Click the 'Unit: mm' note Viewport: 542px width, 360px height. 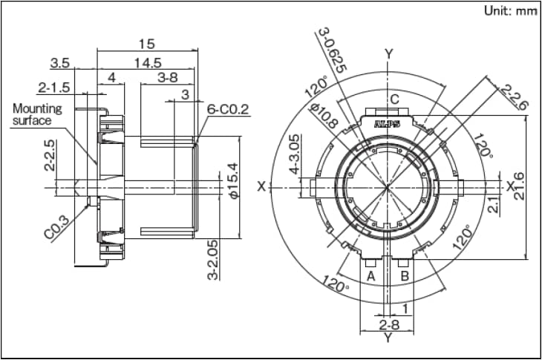[509, 11]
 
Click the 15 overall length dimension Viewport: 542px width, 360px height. [146, 44]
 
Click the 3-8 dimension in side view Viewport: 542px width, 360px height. [167, 77]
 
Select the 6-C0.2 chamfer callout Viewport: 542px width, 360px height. [228, 110]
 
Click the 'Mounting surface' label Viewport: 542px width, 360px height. [37, 114]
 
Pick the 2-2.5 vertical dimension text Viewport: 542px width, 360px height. [49, 155]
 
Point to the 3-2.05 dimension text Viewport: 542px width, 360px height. [213, 259]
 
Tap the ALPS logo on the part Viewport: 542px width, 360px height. [388, 125]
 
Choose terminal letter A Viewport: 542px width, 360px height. [370, 276]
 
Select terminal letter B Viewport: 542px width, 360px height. [405, 276]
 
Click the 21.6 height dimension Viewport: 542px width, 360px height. [519, 186]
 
